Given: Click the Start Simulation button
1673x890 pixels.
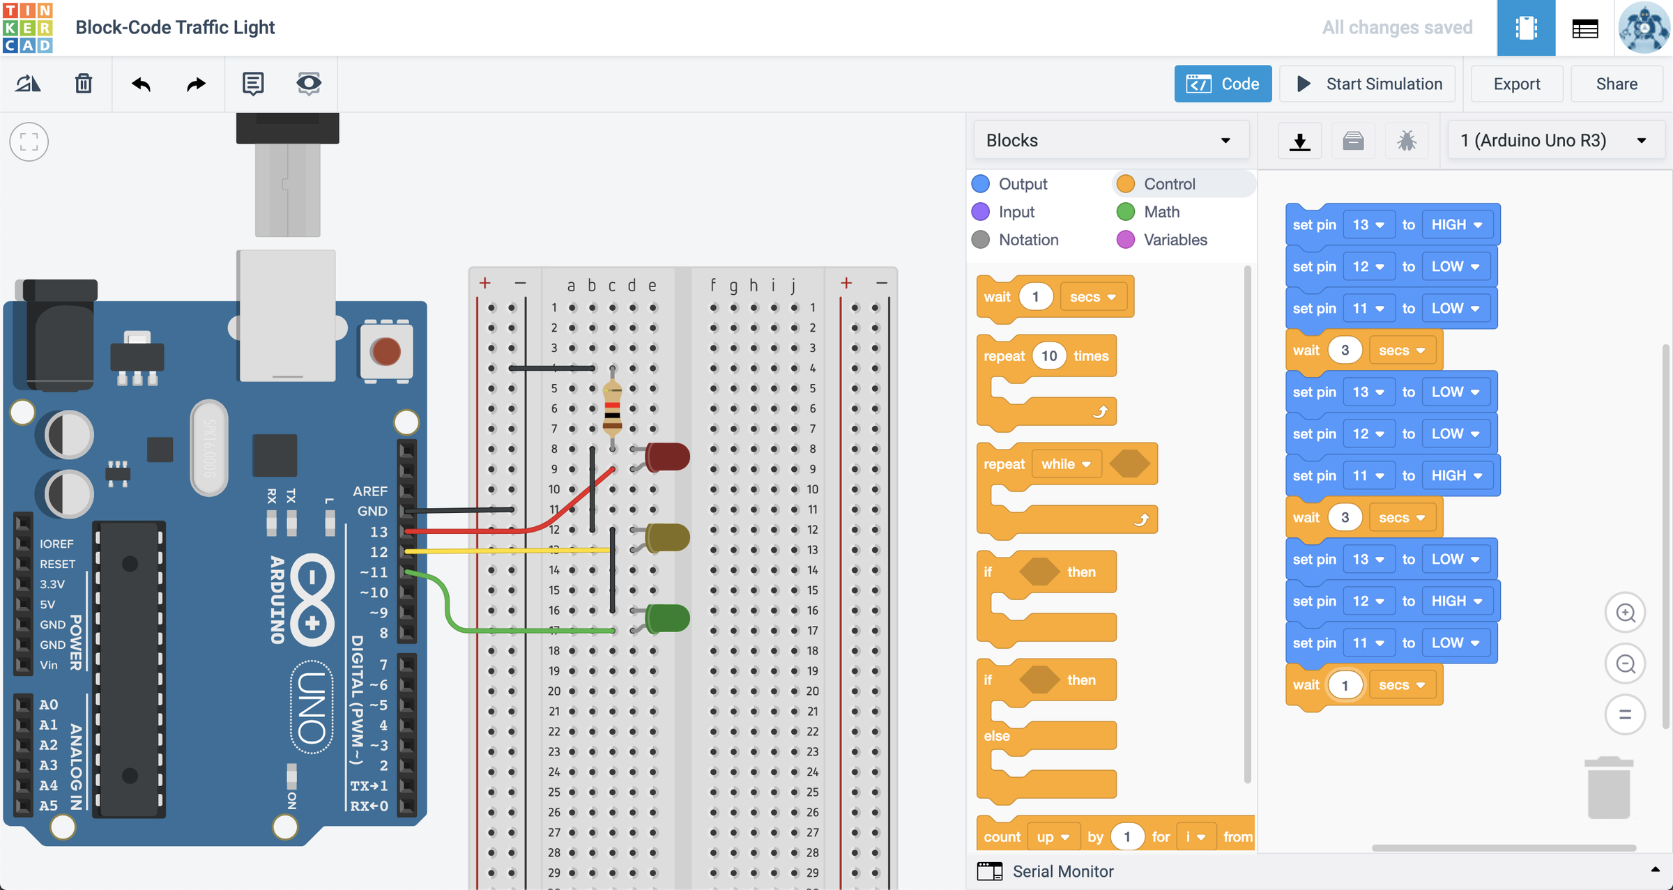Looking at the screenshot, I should pyautogui.click(x=1368, y=84).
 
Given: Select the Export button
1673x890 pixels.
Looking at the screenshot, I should pyautogui.click(x=1516, y=84).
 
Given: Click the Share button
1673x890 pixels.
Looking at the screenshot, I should pyautogui.click(x=1616, y=84).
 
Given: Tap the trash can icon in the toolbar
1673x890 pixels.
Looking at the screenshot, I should pyautogui.click(x=84, y=84).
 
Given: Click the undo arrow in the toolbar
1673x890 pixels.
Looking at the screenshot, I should pyautogui.click(x=141, y=84).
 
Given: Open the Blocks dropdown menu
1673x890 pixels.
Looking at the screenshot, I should pyautogui.click(x=1110, y=140).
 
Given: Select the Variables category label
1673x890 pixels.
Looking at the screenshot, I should pyautogui.click(x=1175, y=240).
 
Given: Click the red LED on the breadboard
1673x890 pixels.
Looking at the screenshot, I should pyautogui.click(x=667, y=456).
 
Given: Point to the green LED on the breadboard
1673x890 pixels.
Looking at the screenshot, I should pyautogui.click(x=667, y=618).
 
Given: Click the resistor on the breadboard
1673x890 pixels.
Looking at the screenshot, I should pyautogui.click(x=612, y=408).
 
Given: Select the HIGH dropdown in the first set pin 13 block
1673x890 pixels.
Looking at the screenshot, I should pyautogui.click(x=1456, y=224).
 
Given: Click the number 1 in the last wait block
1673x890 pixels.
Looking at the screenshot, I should pyautogui.click(x=1345, y=685).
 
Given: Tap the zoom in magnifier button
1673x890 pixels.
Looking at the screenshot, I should pyautogui.click(x=1625, y=613).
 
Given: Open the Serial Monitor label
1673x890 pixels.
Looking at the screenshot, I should pyautogui.click(x=1062, y=871).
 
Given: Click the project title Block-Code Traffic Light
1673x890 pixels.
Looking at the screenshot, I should pyautogui.click(x=175, y=27).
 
